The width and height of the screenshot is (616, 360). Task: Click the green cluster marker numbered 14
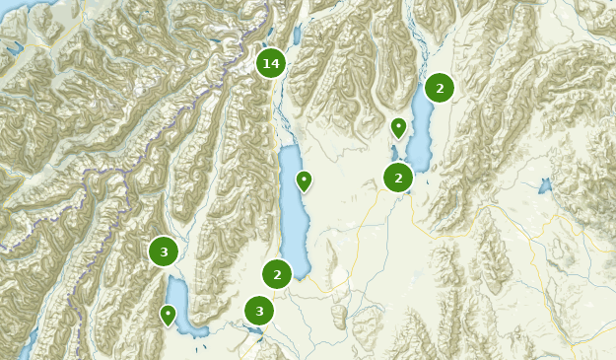270,63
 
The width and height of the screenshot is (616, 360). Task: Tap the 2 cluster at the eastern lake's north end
439,88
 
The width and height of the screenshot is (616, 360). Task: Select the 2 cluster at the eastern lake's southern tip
398,178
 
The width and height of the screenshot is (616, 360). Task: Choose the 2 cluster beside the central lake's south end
277,274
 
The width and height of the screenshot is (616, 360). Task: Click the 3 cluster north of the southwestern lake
164,252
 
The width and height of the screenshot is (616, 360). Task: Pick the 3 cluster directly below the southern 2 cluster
259,311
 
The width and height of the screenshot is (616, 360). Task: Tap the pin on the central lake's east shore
305,180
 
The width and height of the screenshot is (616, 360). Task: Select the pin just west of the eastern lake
398,127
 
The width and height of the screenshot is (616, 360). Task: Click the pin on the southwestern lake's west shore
169,315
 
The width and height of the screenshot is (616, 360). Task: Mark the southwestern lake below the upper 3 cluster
182,306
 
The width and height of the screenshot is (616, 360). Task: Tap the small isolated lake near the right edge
545,184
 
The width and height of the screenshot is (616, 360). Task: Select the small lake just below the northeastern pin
394,153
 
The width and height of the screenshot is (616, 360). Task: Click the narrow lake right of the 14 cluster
297,34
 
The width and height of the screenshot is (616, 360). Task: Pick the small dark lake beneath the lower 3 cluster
258,332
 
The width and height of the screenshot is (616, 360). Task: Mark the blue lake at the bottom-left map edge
30,340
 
